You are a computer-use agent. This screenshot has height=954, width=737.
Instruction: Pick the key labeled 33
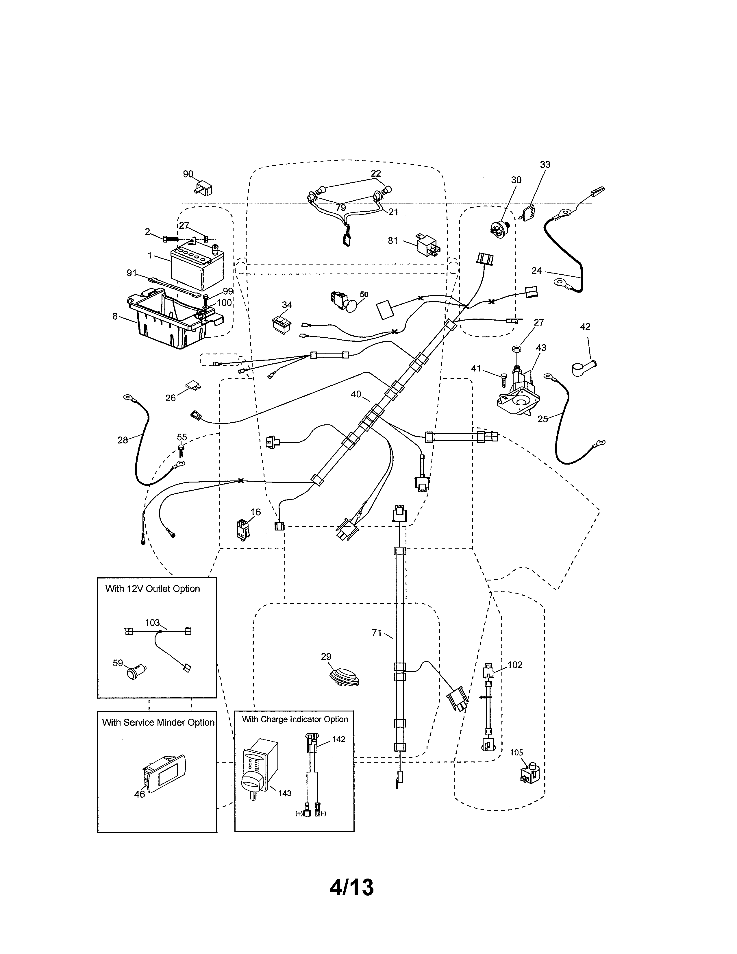point(529,211)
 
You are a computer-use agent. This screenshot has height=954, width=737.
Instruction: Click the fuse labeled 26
point(192,385)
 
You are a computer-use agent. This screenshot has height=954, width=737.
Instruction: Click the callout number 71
point(376,633)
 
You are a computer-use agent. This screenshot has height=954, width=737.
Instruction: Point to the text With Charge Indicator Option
point(295,720)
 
